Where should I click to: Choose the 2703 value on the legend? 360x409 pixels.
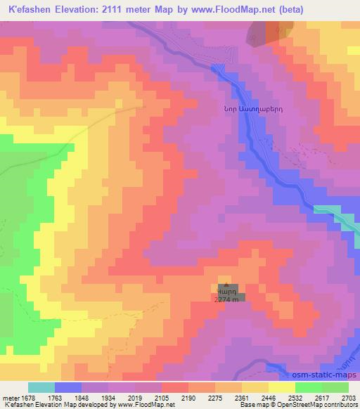(x=349, y=396)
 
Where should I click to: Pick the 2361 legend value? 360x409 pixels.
(x=242, y=396)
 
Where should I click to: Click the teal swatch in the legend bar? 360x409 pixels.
(x=41, y=387)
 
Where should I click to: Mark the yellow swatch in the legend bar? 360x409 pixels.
(x=282, y=387)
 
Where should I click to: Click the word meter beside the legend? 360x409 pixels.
(x=9, y=396)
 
